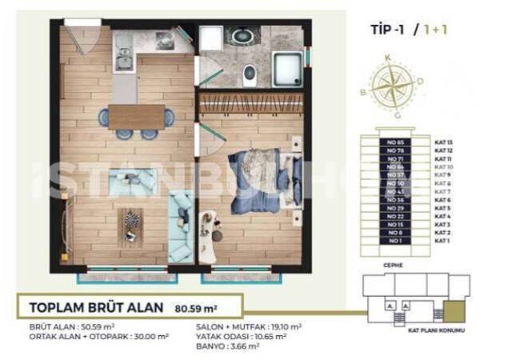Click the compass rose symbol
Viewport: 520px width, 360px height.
(x=392, y=86)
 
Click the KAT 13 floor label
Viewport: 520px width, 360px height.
(x=444, y=142)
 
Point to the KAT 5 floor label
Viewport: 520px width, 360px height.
(x=443, y=208)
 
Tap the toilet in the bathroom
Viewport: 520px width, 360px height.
(x=248, y=74)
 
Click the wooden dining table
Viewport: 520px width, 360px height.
(x=135, y=118)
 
